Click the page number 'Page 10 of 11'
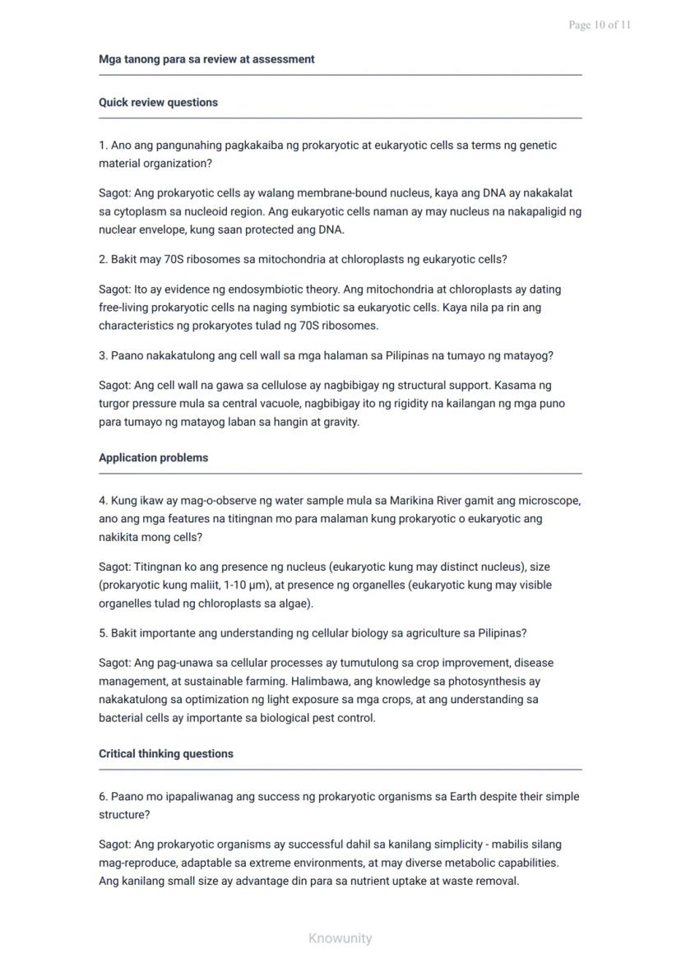coord(600,25)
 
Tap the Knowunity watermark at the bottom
coord(340,938)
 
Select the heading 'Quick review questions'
coord(158,103)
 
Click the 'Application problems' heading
coord(153,458)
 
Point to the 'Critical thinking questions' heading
coord(166,754)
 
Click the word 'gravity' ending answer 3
coord(337,422)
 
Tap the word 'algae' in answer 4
coord(295,604)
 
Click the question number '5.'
coord(104,633)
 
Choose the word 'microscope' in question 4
coord(551,501)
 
